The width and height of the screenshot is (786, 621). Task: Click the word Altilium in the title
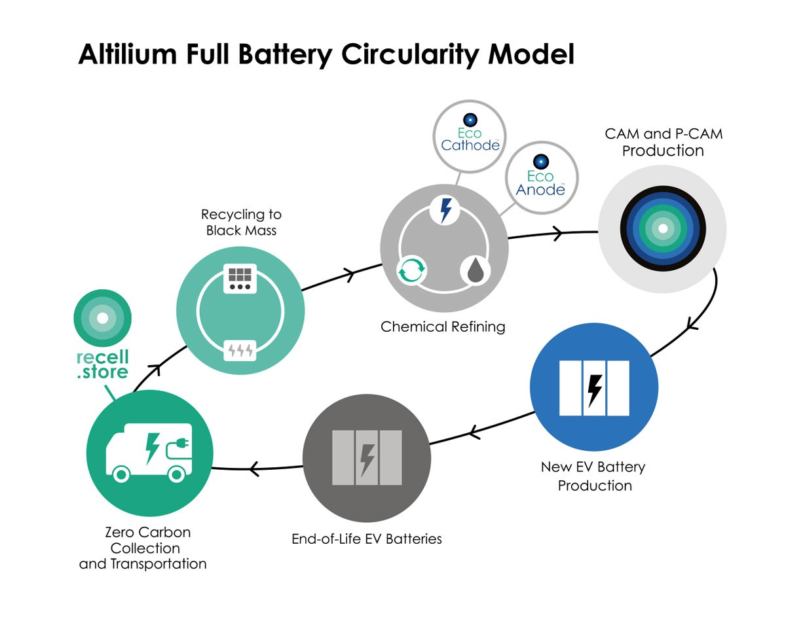tap(128, 54)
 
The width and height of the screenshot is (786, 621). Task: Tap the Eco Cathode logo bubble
tap(470, 136)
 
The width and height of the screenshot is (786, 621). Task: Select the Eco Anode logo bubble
tap(542, 178)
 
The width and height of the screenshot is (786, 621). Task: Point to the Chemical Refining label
tap(443, 327)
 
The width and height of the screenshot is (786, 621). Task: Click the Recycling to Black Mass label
tap(241, 222)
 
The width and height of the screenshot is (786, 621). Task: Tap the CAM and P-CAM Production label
tap(664, 142)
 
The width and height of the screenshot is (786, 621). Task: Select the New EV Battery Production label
tap(593, 476)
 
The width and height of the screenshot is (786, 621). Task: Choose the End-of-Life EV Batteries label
tap(367, 539)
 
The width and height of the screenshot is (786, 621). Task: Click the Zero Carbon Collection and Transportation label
tap(143, 548)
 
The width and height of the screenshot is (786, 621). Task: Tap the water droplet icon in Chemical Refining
tap(476, 270)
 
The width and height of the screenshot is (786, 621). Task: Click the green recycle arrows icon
tap(411, 270)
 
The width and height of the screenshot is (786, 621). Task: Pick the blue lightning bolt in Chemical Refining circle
tap(445, 210)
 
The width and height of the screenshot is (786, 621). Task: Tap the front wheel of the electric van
tap(121, 474)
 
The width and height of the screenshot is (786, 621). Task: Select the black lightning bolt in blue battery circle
tap(595, 391)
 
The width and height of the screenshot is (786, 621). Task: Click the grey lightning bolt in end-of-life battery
tap(367, 460)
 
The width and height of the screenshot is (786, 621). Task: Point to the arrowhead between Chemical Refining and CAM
tap(558, 234)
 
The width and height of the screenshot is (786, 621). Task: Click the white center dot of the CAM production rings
tap(663, 229)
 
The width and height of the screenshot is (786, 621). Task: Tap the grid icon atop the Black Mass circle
tap(240, 278)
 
